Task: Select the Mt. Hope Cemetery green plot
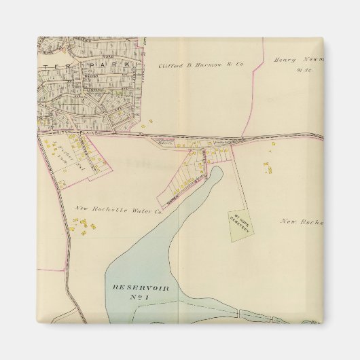[x=239, y=225]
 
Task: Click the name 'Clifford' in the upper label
[x=170, y=65]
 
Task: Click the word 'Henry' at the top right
[x=286, y=60]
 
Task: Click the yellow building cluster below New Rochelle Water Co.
[x=81, y=230]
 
